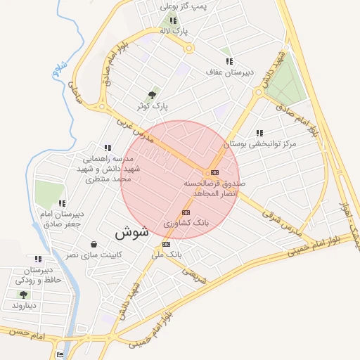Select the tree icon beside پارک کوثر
pos(153,95)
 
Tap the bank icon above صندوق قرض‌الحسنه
pos(214,172)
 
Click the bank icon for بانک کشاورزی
pos(186,212)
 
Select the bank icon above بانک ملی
pos(166,244)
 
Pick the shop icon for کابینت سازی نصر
pos(94,244)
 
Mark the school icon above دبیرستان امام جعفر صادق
pos(62,203)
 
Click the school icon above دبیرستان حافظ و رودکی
pos(37,259)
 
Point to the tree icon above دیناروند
pos(24,295)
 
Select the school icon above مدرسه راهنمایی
pos(107,148)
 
